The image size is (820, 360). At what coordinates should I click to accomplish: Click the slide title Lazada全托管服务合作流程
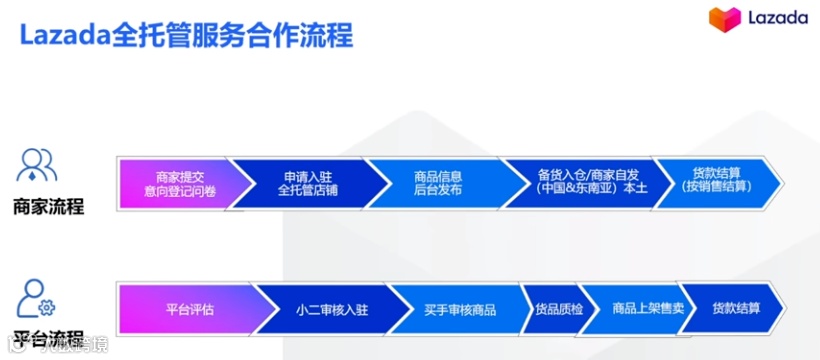[186, 36]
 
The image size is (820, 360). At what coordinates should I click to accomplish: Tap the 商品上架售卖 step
[648, 309]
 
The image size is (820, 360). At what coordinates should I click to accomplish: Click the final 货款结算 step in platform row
[735, 309]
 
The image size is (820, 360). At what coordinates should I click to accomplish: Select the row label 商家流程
[48, 207]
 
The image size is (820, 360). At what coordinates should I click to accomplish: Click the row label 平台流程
[48, 335]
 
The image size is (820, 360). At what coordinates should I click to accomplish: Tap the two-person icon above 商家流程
[38, 164]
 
